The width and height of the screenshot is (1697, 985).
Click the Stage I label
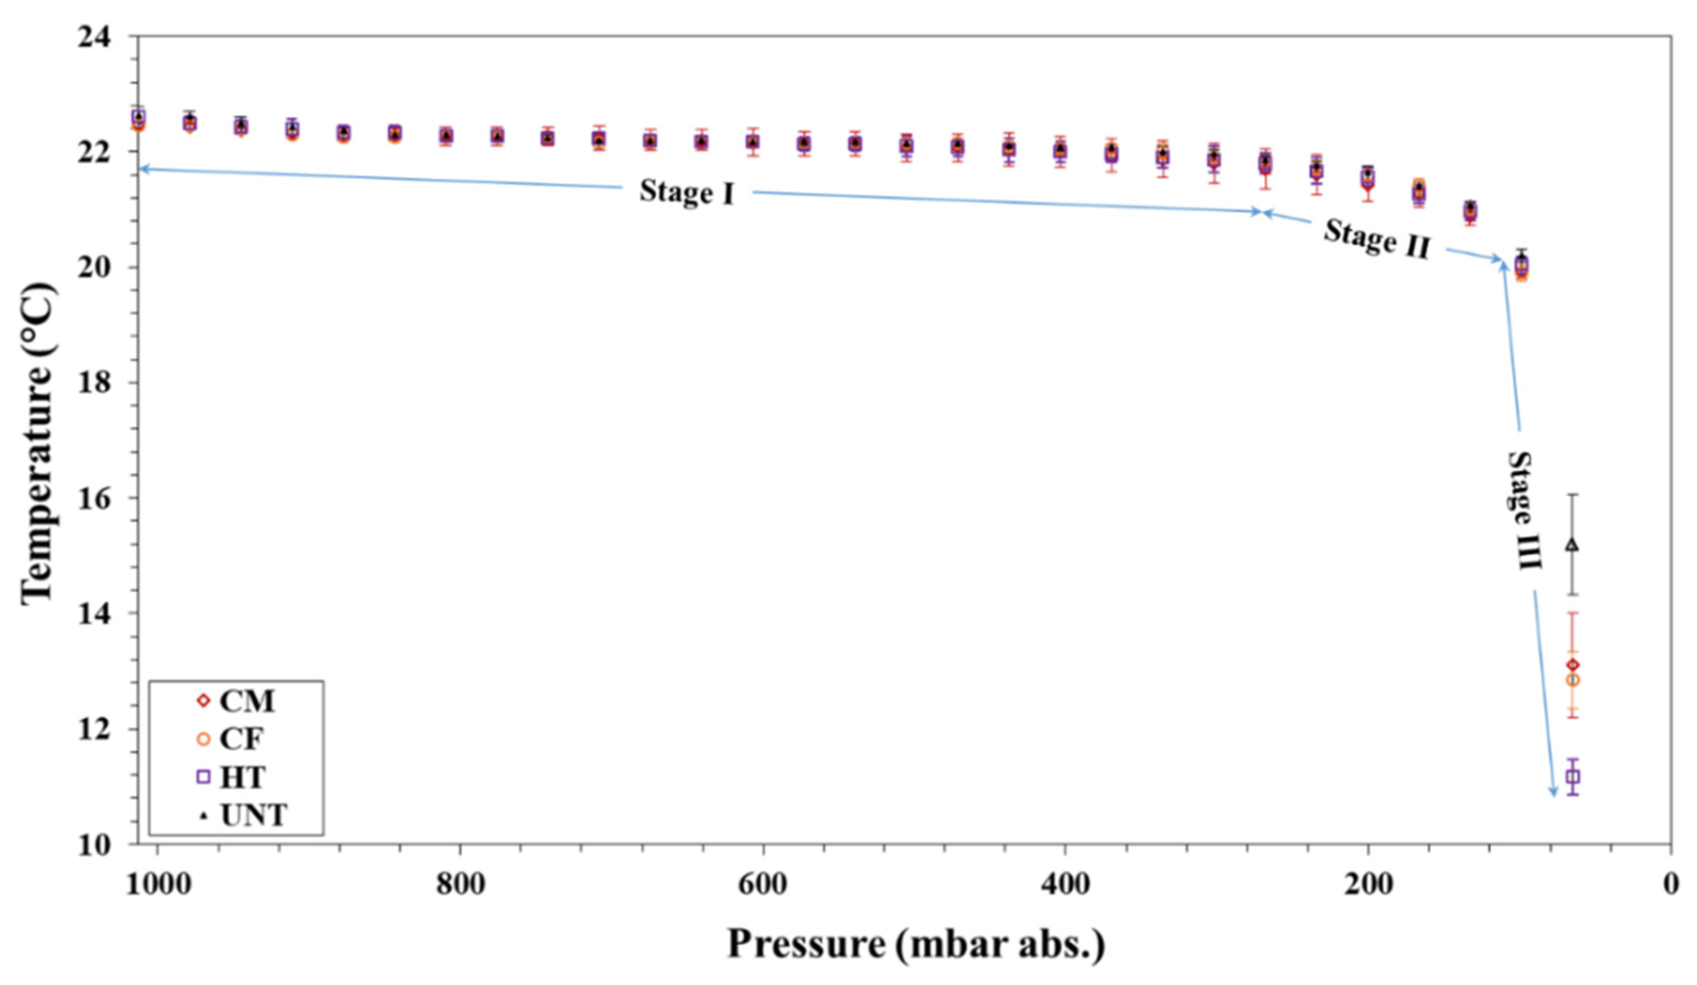click(x=686, y=192)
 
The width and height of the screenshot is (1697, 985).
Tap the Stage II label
click(x=1376, y=238)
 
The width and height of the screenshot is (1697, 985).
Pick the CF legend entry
click(x=232, y=739)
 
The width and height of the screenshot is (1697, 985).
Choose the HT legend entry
click(x=232, y=777)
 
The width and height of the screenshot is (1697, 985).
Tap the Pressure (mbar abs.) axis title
click(x=916, y=944)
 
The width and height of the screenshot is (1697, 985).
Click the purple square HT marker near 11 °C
click(x=1572, y=777)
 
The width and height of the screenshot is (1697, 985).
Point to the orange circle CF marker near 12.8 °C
click(x=1572, y=680)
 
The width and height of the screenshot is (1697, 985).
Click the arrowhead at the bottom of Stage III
click(x=1554, y=793)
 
